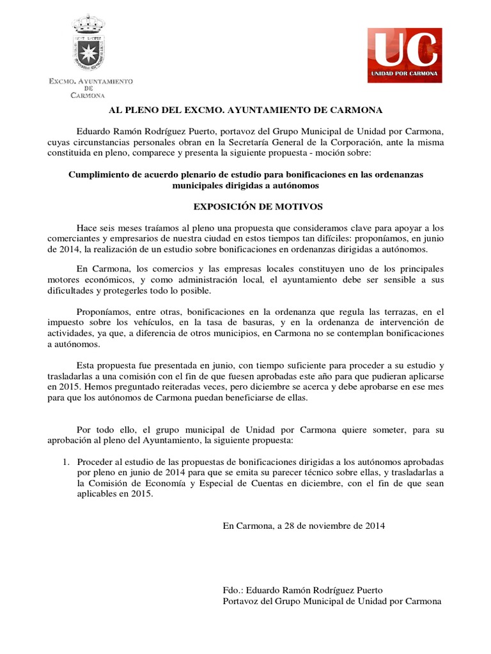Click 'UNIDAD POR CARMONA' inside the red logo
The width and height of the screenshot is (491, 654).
404,74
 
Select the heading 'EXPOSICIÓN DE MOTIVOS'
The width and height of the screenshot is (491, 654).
245,207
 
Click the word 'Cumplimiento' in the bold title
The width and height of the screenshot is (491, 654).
97,174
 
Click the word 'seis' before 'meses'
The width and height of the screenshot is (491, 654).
112,228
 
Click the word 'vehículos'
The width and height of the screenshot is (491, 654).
152,323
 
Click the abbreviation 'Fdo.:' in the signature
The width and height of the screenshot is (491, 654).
233,590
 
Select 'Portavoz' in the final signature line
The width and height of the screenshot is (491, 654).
241,602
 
